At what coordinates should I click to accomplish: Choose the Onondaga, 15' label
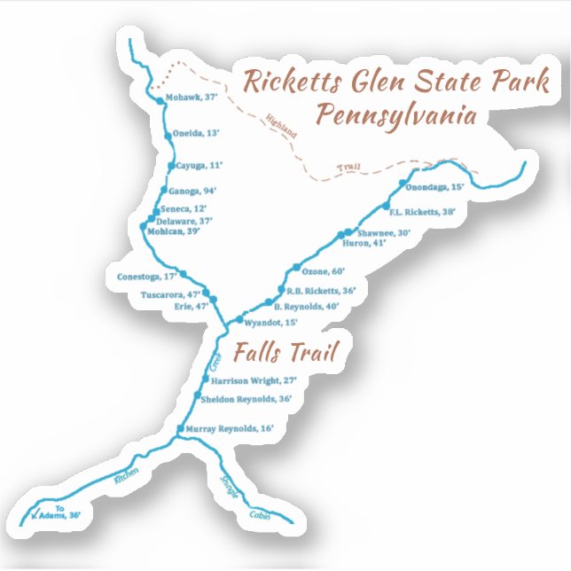coord(434,188)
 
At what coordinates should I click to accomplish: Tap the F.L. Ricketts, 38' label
coord(422,212)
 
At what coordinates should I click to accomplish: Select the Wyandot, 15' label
coord(270,323)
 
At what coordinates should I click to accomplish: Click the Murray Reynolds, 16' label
coord(230,428)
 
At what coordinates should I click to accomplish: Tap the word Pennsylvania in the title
coord(397,116)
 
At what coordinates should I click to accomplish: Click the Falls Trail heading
coord(285,352)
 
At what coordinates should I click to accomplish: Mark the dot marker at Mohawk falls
coord(160,101)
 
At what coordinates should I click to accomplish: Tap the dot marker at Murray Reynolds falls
coord(181,429)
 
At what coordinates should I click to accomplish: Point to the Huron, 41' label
coord(365,243)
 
